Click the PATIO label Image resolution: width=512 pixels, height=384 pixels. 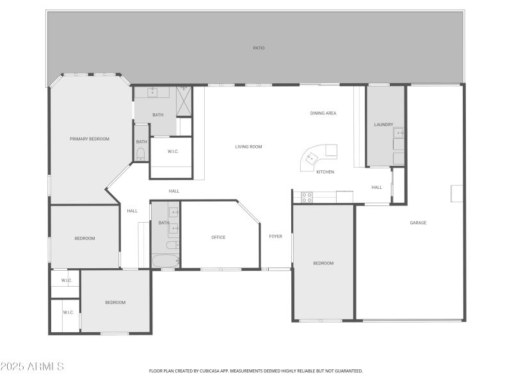(x=258, y=48)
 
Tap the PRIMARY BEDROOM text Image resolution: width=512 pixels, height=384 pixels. (x=90, y=139)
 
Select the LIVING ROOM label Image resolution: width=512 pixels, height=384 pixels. (x=248, y=147)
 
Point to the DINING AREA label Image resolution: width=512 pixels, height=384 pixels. (x=323, y=113)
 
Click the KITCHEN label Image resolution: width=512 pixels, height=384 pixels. (x=325, y=172)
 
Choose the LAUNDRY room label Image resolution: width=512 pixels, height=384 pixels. (x=383, y=124)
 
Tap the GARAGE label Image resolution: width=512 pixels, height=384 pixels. (x=418, y=223)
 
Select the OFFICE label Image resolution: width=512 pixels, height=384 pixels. (x=218, y=237)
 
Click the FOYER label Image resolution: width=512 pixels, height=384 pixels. (x=275, y=236)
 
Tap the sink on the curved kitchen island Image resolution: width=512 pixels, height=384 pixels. (x=313, y=157)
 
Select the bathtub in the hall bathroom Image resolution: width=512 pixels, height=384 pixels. (x=166, y=261)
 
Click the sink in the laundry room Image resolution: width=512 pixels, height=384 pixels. (x=398, y=133)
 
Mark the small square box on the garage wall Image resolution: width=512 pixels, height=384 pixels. (x=456, y=193)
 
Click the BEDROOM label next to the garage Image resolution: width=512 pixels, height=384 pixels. (x=323, y=263)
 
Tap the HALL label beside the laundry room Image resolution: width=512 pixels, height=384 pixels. (x=377, y=188)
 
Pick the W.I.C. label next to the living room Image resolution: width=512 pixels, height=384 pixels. (x=173, y=151)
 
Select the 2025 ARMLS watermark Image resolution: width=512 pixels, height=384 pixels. (x=32, y=367)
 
